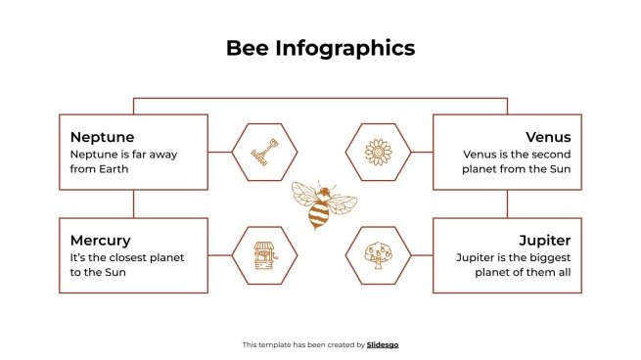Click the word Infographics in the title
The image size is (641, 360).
tap(345, 48)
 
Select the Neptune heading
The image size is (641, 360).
tap(102, 137)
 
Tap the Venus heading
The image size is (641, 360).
tap(548, 137)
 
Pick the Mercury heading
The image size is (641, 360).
tap(100, 240)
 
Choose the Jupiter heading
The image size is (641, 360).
tap(545, 240)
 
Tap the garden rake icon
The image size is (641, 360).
tap(264, 153)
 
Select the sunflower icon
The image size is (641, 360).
tap(378, 153)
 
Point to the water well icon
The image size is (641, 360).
tap(264, 255)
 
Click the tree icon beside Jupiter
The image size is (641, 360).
tap(378, 255)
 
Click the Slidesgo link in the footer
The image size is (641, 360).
tap(383, 344)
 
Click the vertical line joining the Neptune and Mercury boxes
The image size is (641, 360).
tap(134, 203)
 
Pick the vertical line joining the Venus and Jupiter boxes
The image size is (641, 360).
tap(507, 203)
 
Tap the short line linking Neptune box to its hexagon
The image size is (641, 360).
tap(220, 153)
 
